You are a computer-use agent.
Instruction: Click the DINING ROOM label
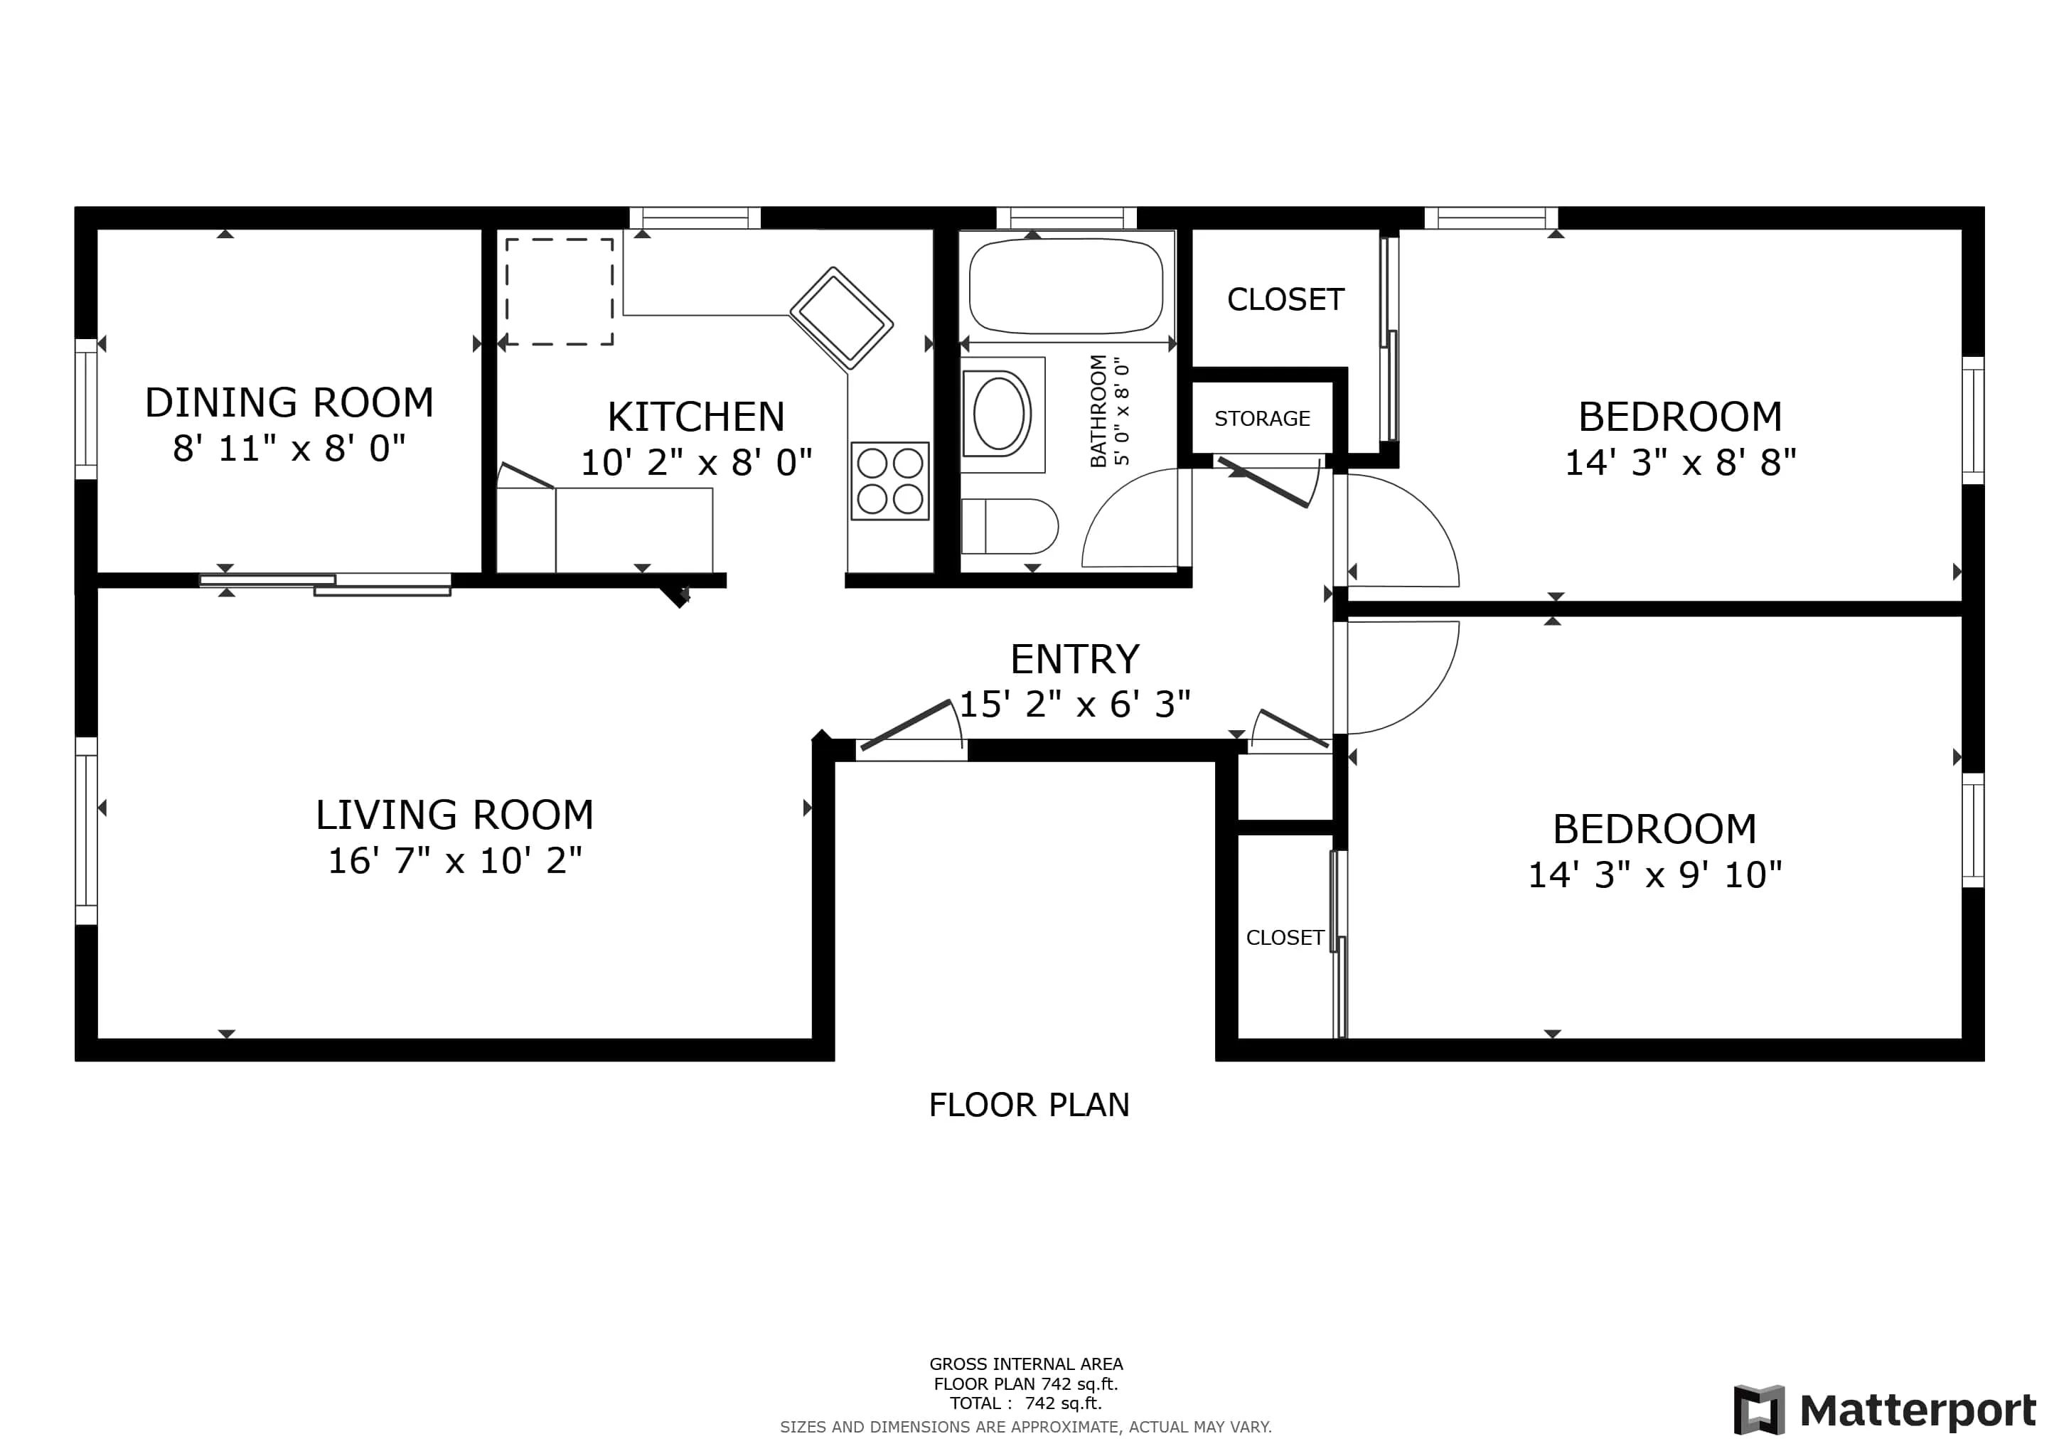289,402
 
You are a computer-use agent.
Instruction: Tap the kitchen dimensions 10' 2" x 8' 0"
696,463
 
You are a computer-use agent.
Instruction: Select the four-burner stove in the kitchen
889,481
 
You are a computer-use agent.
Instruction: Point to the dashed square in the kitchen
559,291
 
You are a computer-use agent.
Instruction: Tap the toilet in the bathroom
1010,526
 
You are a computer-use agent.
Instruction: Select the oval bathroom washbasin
1000,413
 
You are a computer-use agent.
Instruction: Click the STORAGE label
1262,419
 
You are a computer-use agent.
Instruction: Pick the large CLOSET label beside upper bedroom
1285,299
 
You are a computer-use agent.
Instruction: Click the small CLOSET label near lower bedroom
1284,938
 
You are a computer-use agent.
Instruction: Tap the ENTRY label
1074,660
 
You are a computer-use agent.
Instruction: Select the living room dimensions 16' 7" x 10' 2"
454,861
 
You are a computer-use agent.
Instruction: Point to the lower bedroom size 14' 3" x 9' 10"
1654,875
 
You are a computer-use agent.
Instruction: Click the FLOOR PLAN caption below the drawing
1029,1106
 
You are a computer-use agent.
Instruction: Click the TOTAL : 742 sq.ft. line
1026,1403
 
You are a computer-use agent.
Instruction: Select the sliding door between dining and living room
325,584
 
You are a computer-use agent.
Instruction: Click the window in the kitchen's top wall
695,218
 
